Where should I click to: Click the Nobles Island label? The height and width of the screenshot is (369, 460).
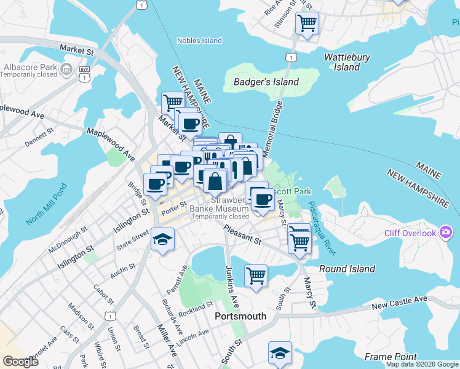click(199, 41)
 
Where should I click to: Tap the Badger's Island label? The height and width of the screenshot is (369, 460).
click(266, 82)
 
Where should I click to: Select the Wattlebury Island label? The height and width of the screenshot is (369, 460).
click(347, 62)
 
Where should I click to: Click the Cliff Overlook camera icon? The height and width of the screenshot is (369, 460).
click(446, 232)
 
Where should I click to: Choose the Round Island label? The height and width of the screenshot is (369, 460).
click(347, 269)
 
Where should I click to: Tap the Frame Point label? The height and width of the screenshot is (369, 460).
click(391, 357)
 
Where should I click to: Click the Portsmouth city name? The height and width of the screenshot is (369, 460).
click(240, 316)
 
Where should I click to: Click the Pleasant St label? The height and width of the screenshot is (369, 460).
click(243, 234)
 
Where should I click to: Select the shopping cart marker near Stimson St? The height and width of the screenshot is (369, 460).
click(307, 24)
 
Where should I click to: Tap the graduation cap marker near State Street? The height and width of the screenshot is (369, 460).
click(162, 239)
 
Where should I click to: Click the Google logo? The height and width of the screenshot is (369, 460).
click(20, 362)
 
